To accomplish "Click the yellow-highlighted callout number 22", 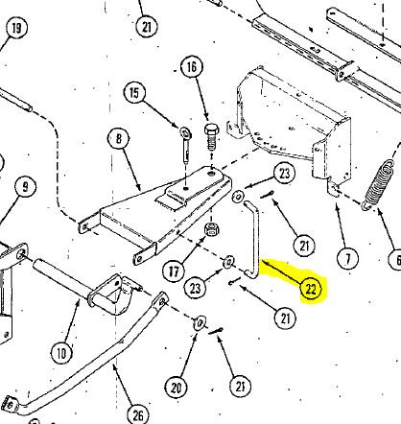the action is (x=311, y=289).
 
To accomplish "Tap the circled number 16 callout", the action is (x=191, y=67).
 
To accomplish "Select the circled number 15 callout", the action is (x=134, y=93).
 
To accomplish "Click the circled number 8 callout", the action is (x=119, y=139).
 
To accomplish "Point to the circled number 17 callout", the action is (x=174, y=271).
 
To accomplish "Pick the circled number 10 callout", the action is (x=61, y=353).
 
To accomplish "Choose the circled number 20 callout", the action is (x=176, y=388).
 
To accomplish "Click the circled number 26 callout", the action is (x=138, y=415).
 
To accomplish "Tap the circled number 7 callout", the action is (x=348, y=257).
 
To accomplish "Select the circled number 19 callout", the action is (x=16, y=28).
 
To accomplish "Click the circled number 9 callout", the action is (x=25, y=186).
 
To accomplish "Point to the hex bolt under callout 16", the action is (x=211, y=137).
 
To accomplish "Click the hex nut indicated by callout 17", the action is (x=211, y=229).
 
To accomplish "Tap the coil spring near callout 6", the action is (x=378, y=184).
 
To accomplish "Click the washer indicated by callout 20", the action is (x=200, y=322).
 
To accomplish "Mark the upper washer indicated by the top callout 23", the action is (x=237, y=197).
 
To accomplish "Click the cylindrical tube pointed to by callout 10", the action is (x=60, y=276).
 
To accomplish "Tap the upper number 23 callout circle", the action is (x=284, y=173).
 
